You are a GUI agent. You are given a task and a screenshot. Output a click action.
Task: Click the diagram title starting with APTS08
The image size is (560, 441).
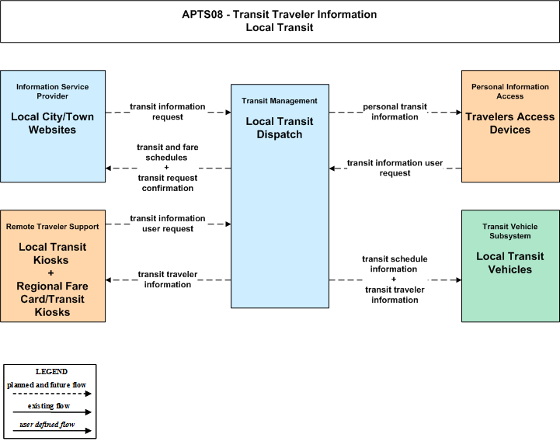(280, 21)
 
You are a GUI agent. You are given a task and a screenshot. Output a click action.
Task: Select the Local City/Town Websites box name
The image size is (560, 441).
(53, 123)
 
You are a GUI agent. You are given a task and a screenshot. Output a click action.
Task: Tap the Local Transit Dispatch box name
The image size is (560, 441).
(280, 128)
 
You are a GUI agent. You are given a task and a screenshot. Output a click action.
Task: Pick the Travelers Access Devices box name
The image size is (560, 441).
(510, 123)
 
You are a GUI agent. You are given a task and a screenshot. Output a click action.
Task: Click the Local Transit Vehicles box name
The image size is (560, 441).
(510, 263)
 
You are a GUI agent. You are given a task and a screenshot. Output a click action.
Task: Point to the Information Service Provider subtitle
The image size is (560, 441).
(53, 92)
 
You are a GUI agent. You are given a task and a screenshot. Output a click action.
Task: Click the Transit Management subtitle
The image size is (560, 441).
(280, 101)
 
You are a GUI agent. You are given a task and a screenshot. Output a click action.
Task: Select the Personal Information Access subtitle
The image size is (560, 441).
(510, 92)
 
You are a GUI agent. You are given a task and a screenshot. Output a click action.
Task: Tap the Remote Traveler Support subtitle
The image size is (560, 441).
(53, 227)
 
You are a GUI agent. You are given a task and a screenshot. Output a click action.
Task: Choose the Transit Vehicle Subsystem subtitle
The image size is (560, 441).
(510, 231)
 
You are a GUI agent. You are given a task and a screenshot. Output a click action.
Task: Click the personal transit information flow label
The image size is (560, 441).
(395, 112)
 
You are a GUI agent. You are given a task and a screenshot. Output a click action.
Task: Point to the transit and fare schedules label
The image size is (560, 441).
(167, 152)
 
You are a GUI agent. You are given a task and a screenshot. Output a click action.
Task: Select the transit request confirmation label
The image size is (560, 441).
(168, 182)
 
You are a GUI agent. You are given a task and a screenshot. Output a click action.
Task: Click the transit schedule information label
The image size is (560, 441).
(395, 264)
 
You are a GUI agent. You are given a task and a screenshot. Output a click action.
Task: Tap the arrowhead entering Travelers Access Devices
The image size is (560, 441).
(458, 113)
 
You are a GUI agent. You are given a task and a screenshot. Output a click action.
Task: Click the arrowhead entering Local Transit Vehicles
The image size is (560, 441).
(458, 280)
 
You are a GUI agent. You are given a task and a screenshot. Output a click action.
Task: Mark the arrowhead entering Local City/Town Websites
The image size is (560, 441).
(109, 168)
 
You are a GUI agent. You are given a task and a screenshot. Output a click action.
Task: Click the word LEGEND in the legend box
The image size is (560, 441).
(51, 372)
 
